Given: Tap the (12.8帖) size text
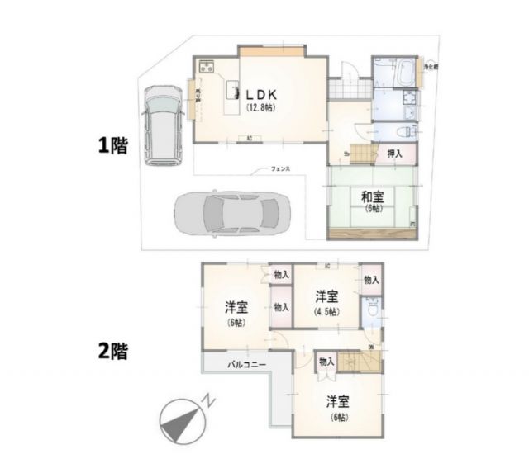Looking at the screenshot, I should point(261,107).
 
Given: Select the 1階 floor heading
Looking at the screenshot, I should point(112,146).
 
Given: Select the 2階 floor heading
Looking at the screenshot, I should point(112,350).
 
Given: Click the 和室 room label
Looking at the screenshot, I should point(371,196).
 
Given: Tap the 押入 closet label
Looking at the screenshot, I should point(395,153).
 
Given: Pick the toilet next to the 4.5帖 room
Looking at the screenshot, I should point(372,309).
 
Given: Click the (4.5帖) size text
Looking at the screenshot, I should point(325,311).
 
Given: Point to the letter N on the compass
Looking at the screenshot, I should point(212,401).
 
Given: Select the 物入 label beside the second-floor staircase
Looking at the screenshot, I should point(326,361).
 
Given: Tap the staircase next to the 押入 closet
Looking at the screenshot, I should point(362,152).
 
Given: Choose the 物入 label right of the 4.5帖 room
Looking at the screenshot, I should point(371,280).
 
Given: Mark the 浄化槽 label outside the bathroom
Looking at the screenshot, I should point(430,65).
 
